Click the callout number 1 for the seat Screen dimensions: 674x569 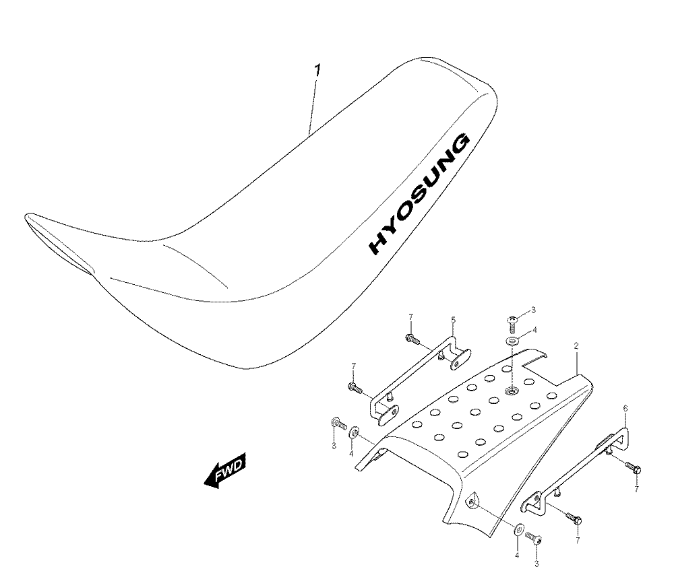click(x=317, y=71)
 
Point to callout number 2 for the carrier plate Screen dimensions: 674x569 click(x=576, y=345)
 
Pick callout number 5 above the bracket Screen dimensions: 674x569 click(x=453, y=320)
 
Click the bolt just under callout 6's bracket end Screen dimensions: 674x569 click(x=633, y=467)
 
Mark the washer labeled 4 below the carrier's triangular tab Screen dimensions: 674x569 click(x=519, y=529)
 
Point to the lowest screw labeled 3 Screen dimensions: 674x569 click(x=534, y=538)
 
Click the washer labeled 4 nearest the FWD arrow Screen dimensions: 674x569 click(x=355, y=432)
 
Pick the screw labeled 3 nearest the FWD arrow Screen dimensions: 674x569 click(x=339, y=424)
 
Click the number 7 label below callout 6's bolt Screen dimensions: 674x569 click(x=637, y=489)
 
